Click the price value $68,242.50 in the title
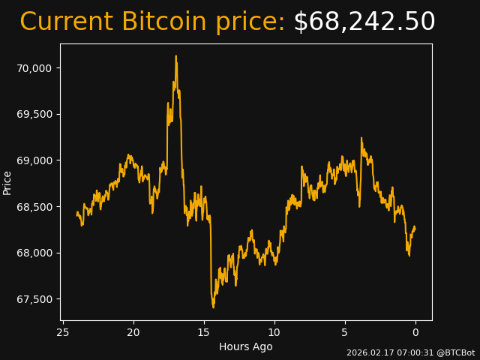364,22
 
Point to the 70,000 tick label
34,68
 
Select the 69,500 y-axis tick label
34,114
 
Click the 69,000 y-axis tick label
34,160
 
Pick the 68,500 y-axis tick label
34,207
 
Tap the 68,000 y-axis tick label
34,253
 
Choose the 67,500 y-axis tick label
34,299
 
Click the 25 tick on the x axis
63,332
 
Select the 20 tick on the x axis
133,332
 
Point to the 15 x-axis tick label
204,332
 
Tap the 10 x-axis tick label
274,332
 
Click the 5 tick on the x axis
345,332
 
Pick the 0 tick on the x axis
415,332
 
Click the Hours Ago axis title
246,346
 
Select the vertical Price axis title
7,182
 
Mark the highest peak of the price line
176,56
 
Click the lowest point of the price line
213,307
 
